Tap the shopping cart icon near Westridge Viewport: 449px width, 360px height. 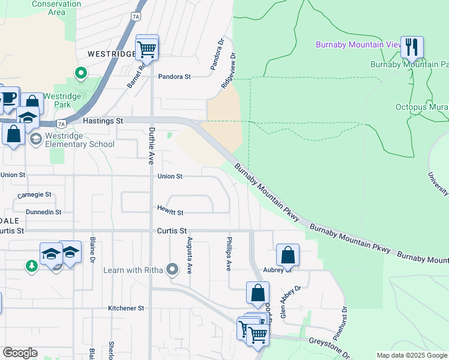[147, 47]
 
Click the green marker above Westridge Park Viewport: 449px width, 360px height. [80, 73]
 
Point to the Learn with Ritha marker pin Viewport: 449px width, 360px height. [173, 269]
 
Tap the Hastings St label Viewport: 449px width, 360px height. [102, 121]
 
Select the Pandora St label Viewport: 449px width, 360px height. [174, 77]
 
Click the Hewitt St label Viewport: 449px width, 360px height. [170, 212]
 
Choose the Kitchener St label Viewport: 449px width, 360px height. [126, 308]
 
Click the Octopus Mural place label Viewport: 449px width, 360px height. [422, 107]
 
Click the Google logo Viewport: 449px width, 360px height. [20, 353]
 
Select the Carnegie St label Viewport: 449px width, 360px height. [35, 195]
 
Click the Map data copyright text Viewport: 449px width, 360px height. [412, 355]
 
